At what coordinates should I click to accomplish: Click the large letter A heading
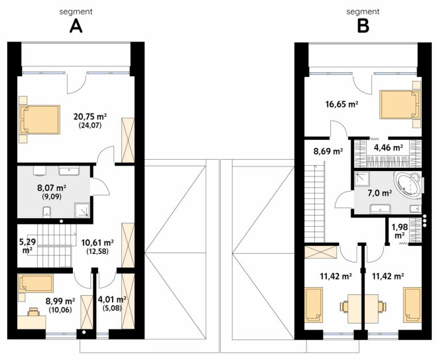click(x=76, y=27)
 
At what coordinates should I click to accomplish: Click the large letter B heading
click(x=363, y=27)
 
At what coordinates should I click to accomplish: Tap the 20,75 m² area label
click(x=90, y=116)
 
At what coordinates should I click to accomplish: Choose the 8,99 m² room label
click(x=60, y=301)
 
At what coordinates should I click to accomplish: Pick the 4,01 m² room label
click(x=112, y=300)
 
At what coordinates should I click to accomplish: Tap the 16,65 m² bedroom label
click(x=342, y=104)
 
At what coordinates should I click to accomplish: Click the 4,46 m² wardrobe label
click(x=389, y=147)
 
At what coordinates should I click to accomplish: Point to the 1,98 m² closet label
click(x=400, y=231)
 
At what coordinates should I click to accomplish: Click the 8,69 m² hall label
click(x=328, y=151)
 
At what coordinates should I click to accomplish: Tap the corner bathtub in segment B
click(x=407, y=184)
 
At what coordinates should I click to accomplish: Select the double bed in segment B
click(x=401, y=105)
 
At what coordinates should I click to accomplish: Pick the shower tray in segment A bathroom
click(x=82, y=210)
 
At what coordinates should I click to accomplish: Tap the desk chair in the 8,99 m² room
click(x=33, y=312)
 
